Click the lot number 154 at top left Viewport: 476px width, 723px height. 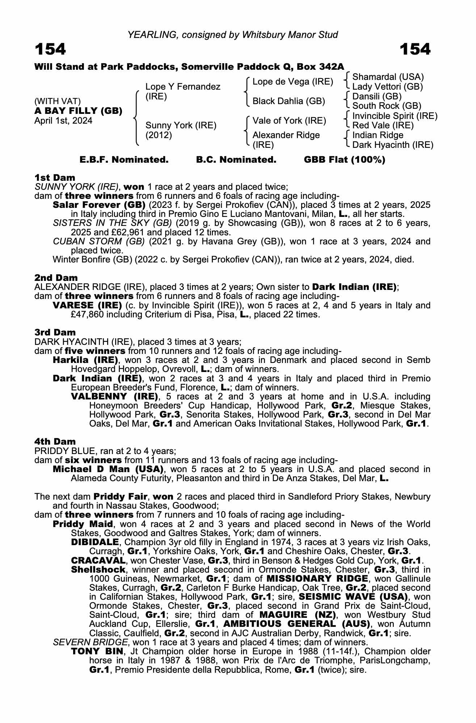click(50, 49)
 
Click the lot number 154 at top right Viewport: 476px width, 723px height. click(415, 49)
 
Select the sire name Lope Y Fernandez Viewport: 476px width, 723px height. click(183, 87)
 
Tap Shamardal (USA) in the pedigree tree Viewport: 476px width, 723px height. click(388, 77)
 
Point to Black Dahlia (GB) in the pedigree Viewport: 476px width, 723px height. click(288, 101)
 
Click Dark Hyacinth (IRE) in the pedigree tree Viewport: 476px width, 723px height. click(393, 145)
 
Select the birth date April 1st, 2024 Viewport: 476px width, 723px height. click(63, 121)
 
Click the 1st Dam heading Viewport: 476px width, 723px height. click(55, 177)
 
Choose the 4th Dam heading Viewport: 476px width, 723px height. click(55, 441)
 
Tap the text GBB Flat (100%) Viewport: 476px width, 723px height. click(345, 160)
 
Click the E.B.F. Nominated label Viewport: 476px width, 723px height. click(124, 160)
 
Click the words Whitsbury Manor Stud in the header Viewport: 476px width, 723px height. click(290, 35)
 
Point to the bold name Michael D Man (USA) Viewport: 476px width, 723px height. click(107, 469)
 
